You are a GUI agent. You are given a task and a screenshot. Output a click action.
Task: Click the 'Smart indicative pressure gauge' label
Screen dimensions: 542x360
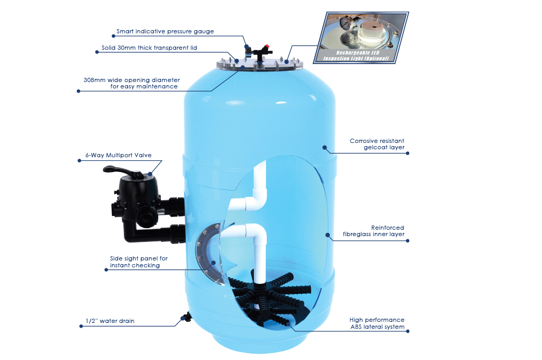(x=165, y=31)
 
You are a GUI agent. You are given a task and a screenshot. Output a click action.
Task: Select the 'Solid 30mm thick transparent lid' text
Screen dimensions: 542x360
(x=149, y=48)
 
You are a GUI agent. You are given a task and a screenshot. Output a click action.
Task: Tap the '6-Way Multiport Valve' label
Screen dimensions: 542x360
(x=118, y=155)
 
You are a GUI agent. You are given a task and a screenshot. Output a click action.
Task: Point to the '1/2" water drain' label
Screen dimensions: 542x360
(x=110, y=321)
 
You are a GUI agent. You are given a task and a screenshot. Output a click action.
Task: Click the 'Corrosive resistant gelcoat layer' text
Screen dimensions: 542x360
(x=377, y=144)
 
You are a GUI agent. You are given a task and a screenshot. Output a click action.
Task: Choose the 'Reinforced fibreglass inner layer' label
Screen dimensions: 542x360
(x=373, y=231)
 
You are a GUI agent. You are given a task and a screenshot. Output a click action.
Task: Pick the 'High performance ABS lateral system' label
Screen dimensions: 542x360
(x=377, y=323)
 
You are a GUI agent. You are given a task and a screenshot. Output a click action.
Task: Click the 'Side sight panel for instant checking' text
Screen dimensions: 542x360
(x=139, y=262)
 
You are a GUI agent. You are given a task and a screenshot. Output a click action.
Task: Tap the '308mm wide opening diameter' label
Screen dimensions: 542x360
(x=132, y=80)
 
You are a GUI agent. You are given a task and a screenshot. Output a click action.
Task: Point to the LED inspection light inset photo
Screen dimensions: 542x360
(x=361, y=38)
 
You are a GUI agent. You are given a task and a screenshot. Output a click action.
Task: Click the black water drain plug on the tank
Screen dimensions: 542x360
(x=186, y=317)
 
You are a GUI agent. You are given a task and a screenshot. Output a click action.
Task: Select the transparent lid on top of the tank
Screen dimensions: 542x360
(x=259, y=65)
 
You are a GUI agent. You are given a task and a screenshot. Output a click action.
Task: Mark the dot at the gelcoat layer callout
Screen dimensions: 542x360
(x=324, y=148)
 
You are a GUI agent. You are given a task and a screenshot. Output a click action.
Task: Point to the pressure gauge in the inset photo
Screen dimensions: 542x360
(x=344, y=23)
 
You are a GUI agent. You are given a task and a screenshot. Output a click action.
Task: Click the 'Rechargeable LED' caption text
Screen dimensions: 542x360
(x=358, y=53)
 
